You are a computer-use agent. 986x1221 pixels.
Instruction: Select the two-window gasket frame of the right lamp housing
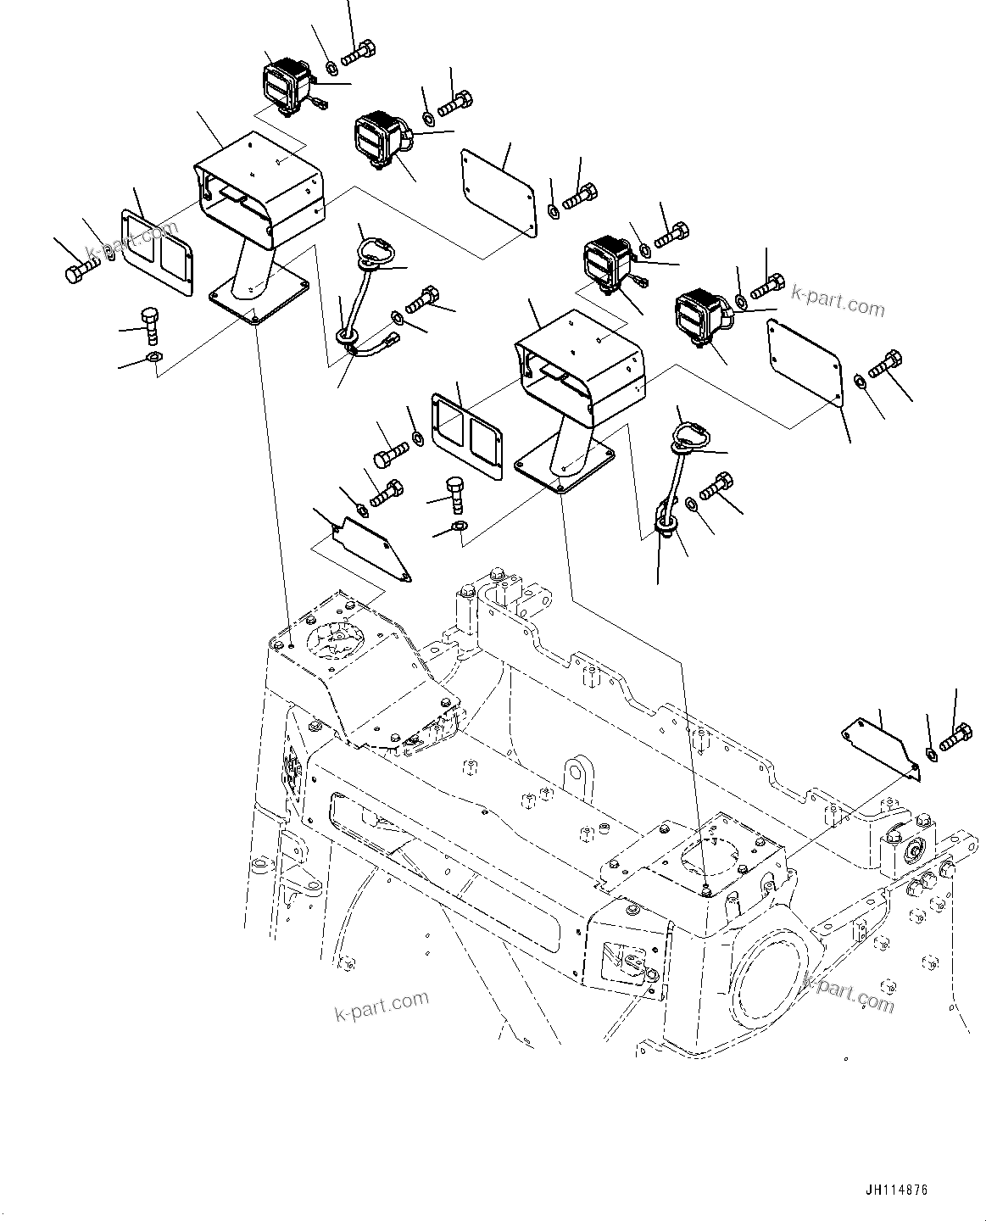tap(467, 433)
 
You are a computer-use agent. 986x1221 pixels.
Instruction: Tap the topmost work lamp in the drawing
tap(287, 80)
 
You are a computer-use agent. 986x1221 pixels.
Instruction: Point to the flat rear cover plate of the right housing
tap(803, 357)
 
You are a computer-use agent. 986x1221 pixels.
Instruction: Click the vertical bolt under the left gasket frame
tap(150, 324)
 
